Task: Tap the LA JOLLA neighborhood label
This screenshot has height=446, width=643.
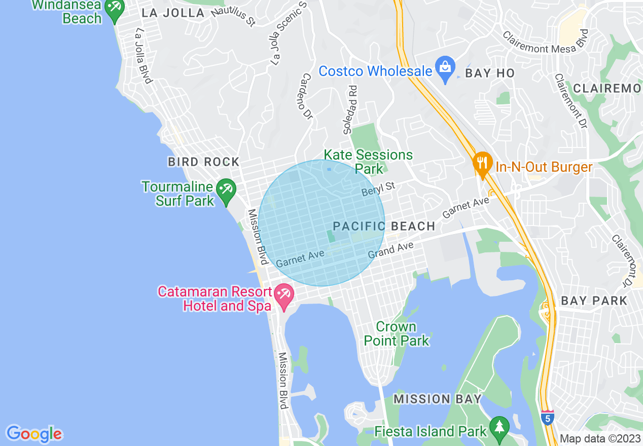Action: (173, 13)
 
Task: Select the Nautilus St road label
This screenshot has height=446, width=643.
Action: (233, 16)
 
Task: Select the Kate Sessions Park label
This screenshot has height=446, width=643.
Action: (368, 161)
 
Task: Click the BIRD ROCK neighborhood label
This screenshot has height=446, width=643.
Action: (204, 162)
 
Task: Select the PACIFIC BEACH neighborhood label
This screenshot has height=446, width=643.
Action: (384, 226)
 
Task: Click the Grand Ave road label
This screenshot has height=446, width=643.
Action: (390, 250)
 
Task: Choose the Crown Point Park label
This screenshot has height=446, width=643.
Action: (397, 333)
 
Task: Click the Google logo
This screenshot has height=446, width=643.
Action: (34, 434)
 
